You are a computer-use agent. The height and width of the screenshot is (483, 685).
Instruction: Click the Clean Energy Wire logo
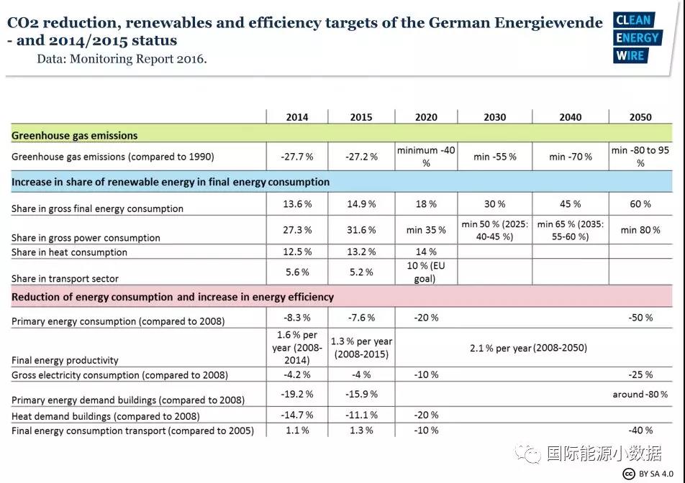[x=637, y=37]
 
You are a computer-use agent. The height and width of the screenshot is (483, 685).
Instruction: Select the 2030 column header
[x=494, y=117]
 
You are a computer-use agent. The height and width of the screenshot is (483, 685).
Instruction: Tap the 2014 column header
[x=297, y=117]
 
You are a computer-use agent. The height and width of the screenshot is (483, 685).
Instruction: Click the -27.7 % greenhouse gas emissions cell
[x=297, y=156]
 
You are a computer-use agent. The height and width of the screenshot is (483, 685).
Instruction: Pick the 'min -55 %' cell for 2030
[x=494, y=156]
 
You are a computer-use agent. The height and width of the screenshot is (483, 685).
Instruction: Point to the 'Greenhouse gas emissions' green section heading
[x=75, y=135]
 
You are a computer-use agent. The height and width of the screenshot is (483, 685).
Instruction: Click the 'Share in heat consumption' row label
[x=69, y=252]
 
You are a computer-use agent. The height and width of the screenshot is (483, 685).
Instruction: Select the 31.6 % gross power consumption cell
[x=361, y=230]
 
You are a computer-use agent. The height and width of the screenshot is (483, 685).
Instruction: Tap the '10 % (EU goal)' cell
[x=425, y=272]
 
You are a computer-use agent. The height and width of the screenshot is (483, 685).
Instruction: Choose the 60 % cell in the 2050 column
[x=640, y=204]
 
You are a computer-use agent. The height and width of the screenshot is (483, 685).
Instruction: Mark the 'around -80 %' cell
[x=640, y=394]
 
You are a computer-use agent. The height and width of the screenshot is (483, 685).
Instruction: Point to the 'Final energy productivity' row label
[x=65, y=360]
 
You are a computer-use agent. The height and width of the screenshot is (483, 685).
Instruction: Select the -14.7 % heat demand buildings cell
[x=297, y=415]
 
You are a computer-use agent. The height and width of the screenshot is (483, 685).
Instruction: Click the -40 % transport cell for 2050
[x=640, y=431]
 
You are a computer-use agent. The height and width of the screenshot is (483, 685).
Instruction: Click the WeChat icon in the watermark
[x=531, y=454]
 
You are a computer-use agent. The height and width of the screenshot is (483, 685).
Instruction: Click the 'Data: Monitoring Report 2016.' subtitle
[x=122, y=59]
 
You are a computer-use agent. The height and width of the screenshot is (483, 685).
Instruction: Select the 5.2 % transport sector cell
[x=361, y=272]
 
